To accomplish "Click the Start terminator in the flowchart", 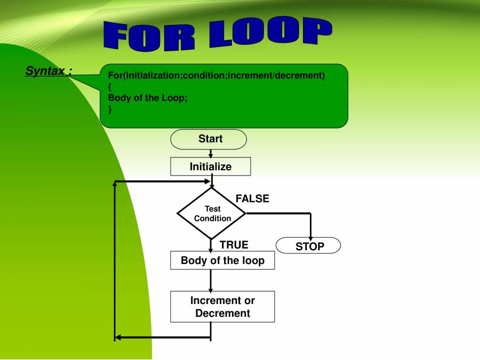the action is coord(209,139).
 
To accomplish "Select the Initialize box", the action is coord(211,166).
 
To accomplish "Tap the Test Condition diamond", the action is coord(212,213).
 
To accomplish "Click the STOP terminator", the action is coord(308,245).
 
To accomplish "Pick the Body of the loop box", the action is coord(222,260).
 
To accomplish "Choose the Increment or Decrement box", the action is coord(222,307).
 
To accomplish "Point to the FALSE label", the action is coord(252,199).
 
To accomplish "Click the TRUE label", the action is coord(234,245).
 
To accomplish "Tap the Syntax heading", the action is coord(49,71).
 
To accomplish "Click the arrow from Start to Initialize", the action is coord(211,154).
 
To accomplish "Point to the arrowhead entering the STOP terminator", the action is coord(311,238).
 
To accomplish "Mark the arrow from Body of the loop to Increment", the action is coord(211,281).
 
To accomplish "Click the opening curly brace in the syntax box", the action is coord(109,87).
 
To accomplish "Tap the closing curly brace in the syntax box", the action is coord(110,109).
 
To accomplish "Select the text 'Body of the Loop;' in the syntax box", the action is coord(148,98).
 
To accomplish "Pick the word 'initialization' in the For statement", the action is coord(154,75).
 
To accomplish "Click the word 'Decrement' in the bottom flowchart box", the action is coord(222,313).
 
